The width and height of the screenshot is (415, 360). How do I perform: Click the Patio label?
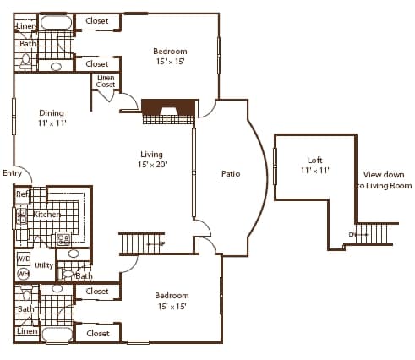click(x=230, y=174)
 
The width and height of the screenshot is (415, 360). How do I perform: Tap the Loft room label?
click(x=314, y=160)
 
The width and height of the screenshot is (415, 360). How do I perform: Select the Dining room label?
click(x=52, y=113)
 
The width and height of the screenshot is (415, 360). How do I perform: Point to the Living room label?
click(x=152, y=154)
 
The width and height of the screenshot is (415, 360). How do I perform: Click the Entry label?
click(x=13, y=173)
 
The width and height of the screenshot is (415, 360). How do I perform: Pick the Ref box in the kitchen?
click(x=22, y=194)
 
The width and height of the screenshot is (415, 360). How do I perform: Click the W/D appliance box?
click(x=23, y=259)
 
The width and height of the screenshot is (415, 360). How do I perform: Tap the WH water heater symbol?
click(x=23, y=273)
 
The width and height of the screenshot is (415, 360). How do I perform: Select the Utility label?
click(x=44, y=265)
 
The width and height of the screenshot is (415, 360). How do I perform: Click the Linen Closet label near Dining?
click(x=106, y=82)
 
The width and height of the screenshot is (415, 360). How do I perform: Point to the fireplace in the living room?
click(x=167, y=107)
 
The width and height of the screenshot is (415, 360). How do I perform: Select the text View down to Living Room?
click(x=383, y=180)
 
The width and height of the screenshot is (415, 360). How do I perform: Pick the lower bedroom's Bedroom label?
click(x=172, y=296)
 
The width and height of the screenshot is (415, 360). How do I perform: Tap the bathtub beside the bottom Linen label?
click(x=57, y=334)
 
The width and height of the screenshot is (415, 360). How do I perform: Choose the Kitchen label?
click(x=47, y=215)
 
